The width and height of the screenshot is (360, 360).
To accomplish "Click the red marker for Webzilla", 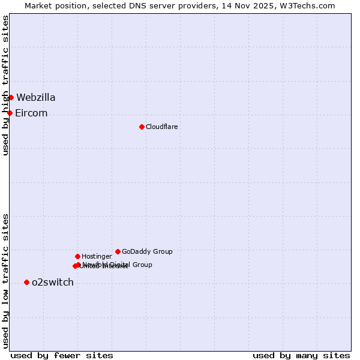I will [x=11, y=97].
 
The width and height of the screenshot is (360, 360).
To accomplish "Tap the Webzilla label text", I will [x=36, y=97].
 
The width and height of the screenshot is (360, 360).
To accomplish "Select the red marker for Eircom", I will [x=10, y=113].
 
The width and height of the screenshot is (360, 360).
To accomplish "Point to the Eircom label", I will [x=31, y=113].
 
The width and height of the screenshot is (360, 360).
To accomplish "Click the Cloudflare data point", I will [x=142, y=127].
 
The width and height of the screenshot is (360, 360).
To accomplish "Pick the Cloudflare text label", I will [x=162, y=127].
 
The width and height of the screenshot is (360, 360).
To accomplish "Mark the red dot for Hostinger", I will [x=77, y=256].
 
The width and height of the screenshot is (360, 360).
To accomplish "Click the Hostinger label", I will [x=97, y=256].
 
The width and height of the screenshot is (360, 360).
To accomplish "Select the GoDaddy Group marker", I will [x=118, y=251].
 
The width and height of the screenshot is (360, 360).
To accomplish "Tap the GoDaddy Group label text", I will [x=147, y=251].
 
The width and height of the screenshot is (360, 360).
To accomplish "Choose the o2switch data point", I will [x=26, y=282].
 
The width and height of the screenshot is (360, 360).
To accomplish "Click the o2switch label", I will [x=53, y=282].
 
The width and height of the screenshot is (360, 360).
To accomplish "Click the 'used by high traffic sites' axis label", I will [x=5, y=85].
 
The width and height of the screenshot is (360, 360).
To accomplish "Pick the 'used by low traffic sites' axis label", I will [x=5, y=281].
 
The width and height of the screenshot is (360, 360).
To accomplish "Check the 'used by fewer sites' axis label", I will [x=62, y=355].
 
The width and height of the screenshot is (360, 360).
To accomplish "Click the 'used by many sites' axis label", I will [x=301, y=355].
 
